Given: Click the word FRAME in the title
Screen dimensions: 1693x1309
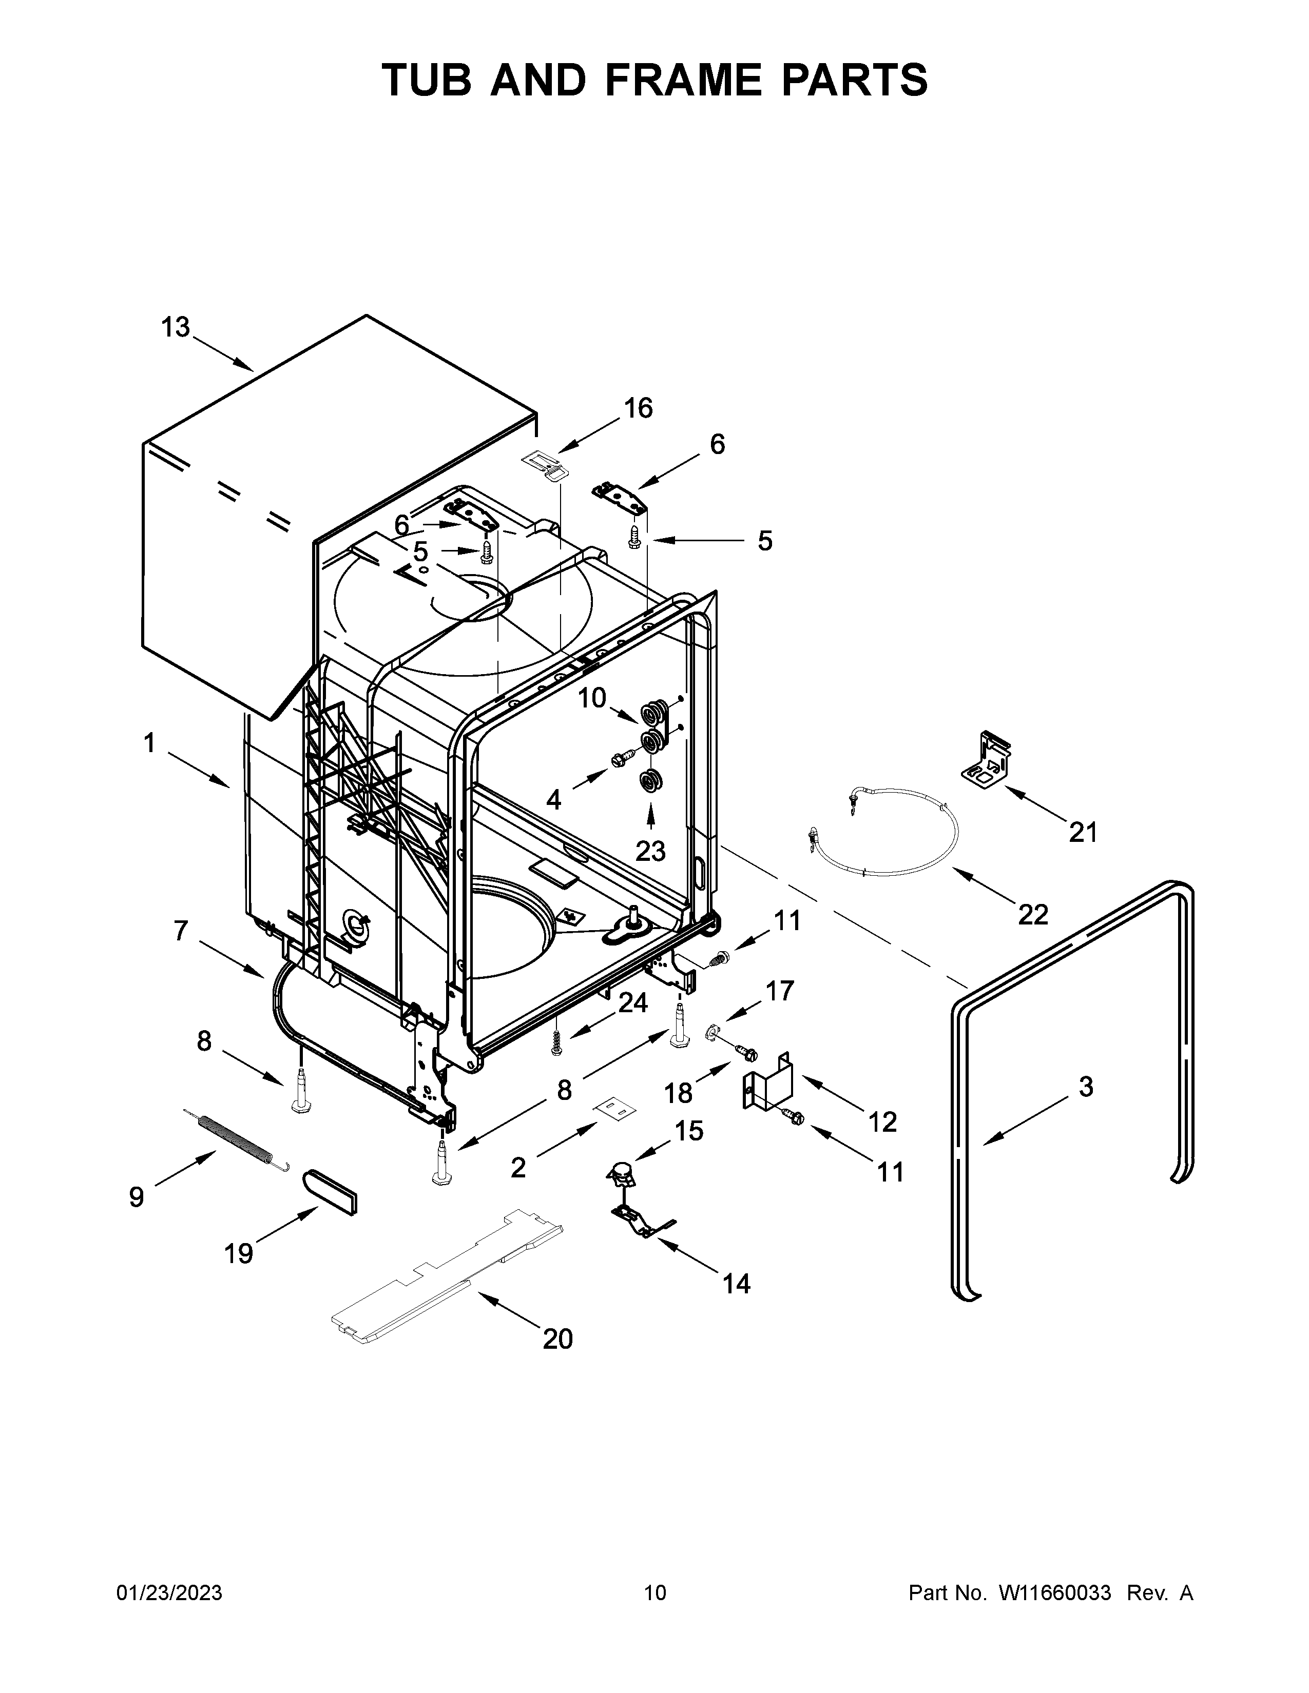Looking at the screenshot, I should [x=681, y=80].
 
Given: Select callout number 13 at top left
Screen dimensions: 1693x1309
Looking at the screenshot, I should [x=175, y=328].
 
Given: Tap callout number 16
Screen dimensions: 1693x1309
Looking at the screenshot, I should [x=638, y=408].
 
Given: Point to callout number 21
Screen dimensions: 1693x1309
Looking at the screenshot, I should [x=1083, y=833].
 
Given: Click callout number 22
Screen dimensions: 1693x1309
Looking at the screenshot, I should [x=1033, y=915].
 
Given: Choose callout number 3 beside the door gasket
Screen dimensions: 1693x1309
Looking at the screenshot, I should [x=1086, y=1087].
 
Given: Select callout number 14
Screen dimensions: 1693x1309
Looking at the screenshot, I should [x=736, y=1284].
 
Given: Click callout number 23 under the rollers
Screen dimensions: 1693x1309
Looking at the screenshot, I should [x=650, y=851].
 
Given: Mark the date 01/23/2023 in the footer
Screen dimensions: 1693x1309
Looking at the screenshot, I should [x=169, y=1658].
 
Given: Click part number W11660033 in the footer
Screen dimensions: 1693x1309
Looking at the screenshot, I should [x=1055, y=1658].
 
